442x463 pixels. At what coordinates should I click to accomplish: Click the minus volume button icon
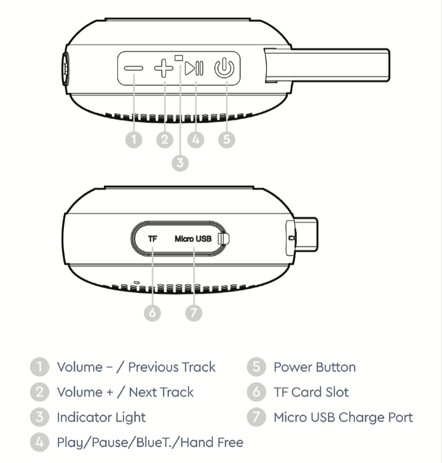(x=133, y=68)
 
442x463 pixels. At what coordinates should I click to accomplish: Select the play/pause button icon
(x=195, y=68)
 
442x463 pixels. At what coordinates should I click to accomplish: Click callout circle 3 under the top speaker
(x=180, y=163)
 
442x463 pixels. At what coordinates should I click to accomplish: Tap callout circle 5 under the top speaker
(x=226, y=140)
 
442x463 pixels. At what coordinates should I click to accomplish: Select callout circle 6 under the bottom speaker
(x=153, y=313)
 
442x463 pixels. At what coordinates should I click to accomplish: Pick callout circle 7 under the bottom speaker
(x=194, y=313)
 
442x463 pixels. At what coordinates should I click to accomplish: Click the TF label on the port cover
(x=152, y=239)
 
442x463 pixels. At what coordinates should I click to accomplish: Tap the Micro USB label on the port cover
(x=193, y=239)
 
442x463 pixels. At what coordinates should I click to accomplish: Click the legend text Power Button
(x=314, y=367)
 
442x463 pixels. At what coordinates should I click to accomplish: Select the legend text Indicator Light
(x=101, y=418)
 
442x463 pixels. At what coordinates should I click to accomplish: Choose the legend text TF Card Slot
(x=311, y=392)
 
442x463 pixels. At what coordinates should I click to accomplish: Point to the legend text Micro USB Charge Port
(x=343, y=418)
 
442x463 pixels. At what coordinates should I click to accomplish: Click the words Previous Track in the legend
(x=171, y=367)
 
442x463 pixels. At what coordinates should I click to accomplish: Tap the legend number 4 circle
(x=39, y=442)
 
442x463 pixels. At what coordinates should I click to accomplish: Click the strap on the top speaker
(x=330, y=65)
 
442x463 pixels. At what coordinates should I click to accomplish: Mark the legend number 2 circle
(x=39, y=392)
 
